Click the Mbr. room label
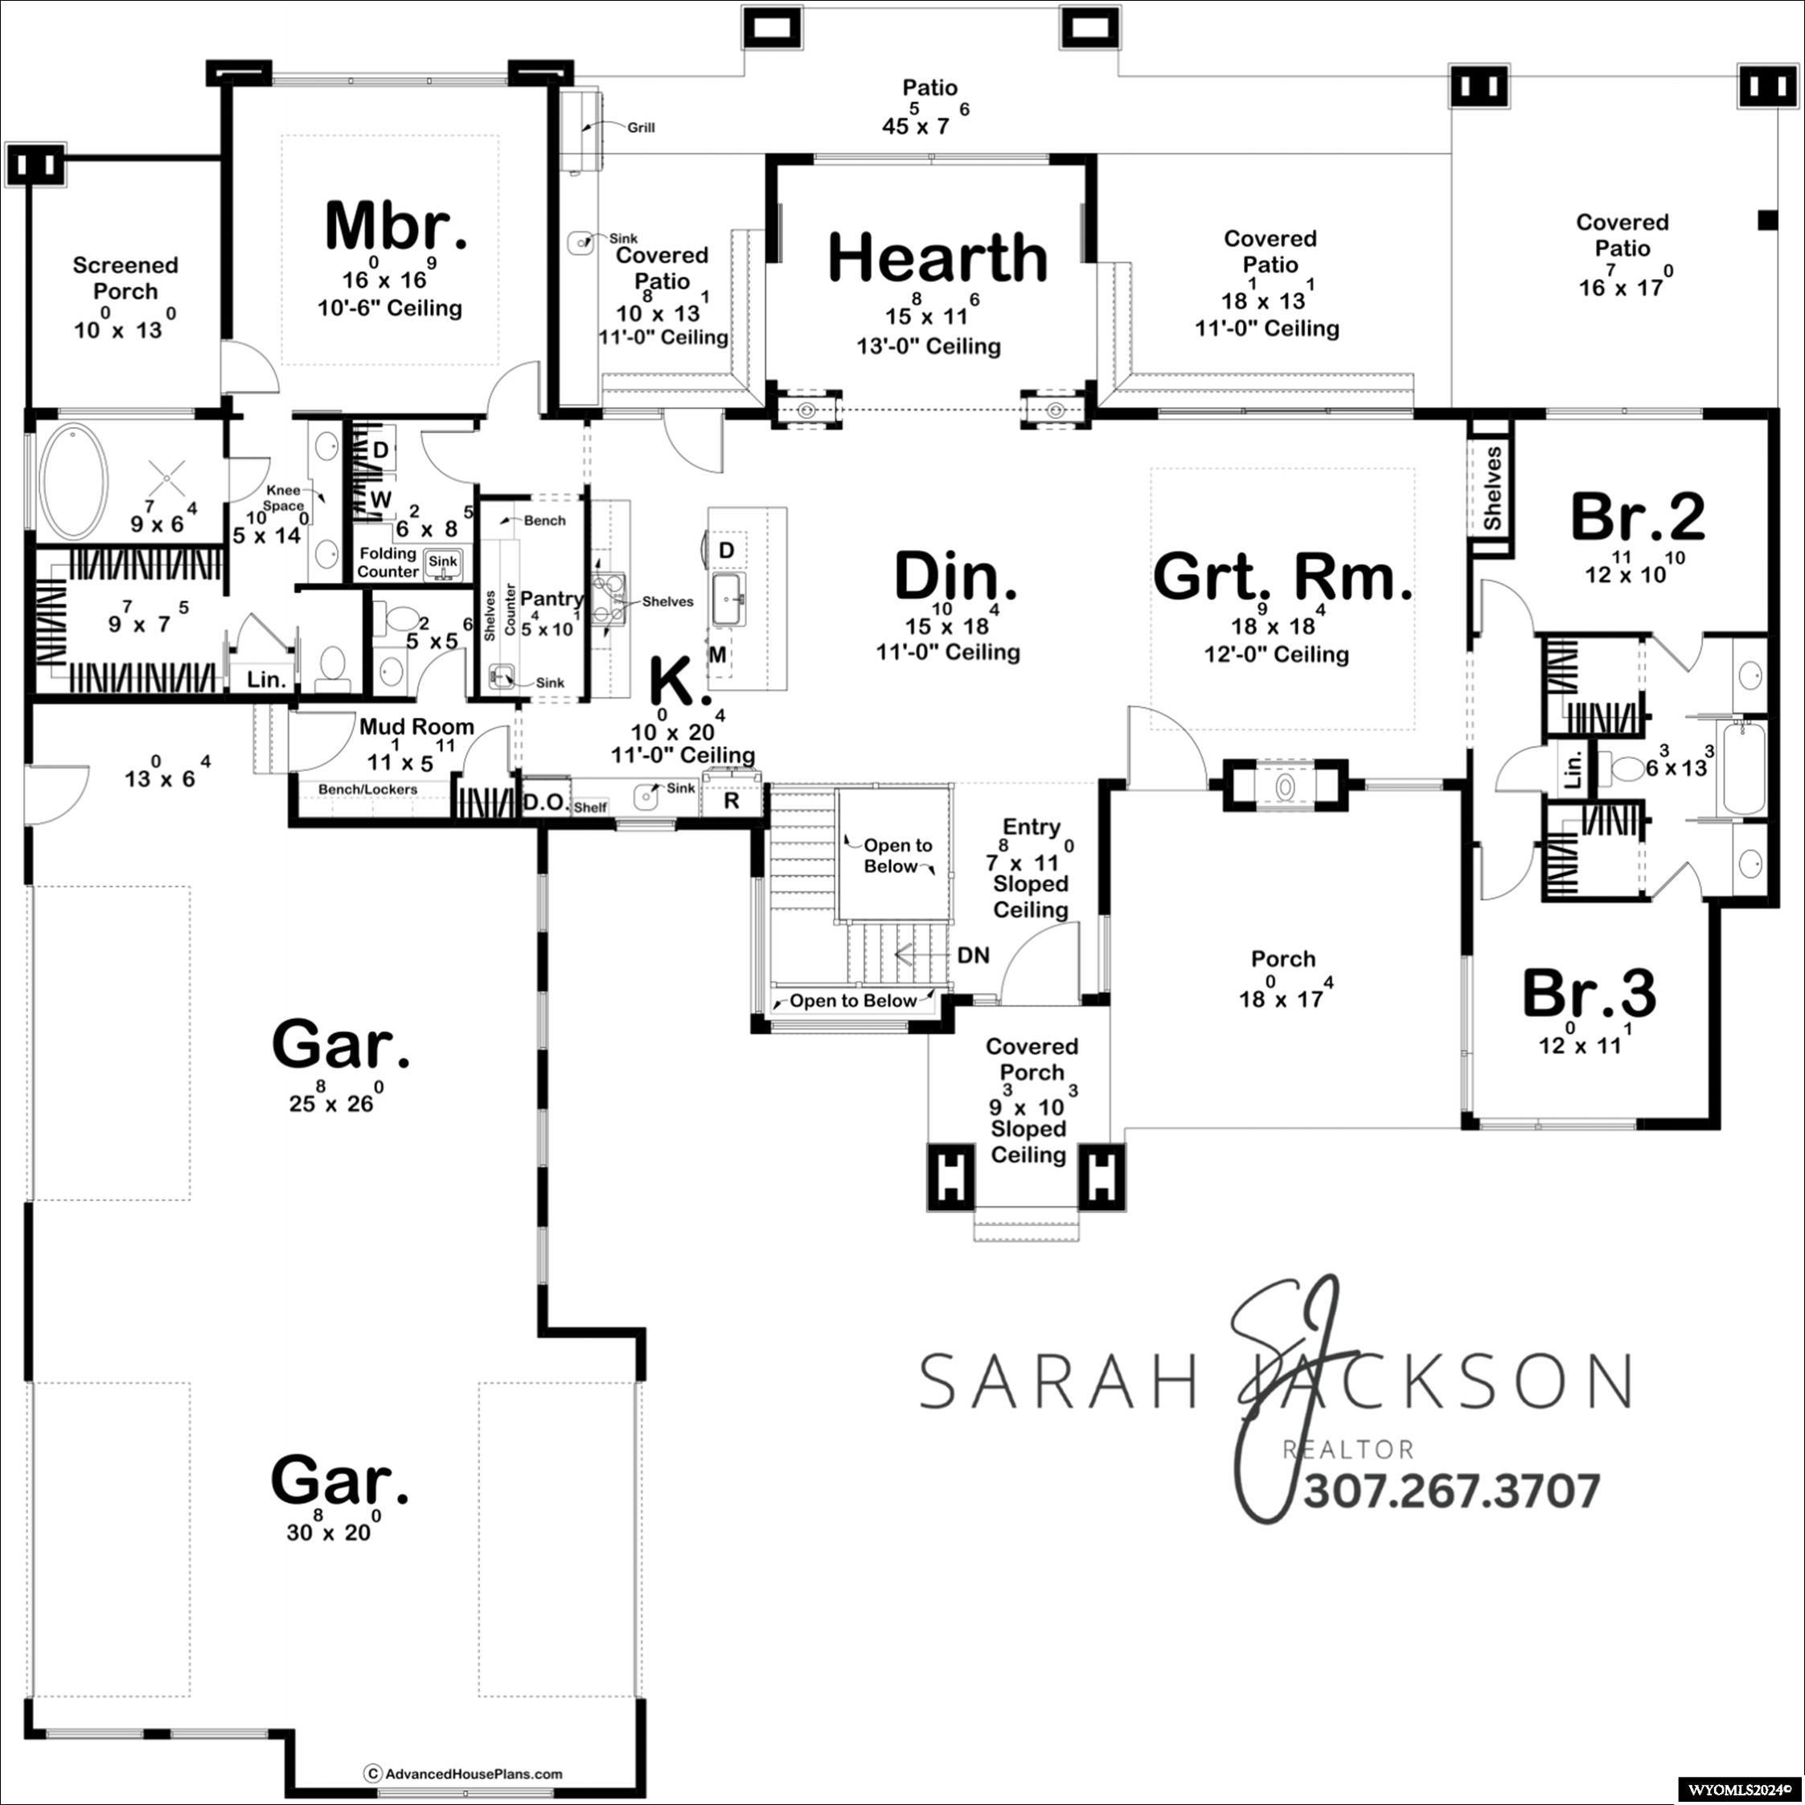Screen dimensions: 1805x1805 396,226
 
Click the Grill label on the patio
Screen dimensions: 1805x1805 641,128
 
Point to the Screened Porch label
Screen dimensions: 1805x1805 125,278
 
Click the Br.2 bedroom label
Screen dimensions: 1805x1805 1637,517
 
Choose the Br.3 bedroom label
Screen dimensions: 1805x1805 1590,993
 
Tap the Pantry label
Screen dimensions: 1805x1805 552,598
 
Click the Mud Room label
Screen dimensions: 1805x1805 416,726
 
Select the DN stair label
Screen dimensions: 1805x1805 974,955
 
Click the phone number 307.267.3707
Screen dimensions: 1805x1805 1452,1491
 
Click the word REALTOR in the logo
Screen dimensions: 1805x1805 1348,1449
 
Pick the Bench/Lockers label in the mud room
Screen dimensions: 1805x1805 367,790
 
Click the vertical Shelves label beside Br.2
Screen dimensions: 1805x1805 1492,489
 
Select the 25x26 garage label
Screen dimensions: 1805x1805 340,1045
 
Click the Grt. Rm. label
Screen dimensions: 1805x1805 1282,576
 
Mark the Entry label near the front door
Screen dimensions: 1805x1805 1032,827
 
